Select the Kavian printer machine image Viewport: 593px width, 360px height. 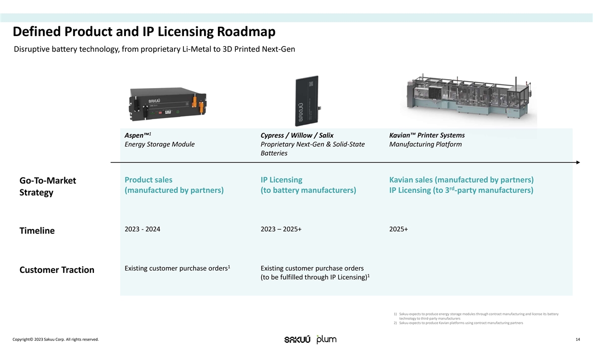(471, 99)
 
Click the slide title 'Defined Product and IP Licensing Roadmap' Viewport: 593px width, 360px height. (144, 32)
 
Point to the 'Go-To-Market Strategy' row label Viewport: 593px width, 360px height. (47, 186)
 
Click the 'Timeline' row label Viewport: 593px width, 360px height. (37, 231)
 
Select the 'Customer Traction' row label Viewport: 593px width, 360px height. (57, 270)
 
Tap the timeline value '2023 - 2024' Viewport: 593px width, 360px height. (142, 229)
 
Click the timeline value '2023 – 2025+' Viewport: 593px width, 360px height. (281, 229)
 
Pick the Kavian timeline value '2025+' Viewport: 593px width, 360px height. (398, 229)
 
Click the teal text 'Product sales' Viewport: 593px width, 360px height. (149, 180)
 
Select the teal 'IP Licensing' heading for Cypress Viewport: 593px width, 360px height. (281, 180)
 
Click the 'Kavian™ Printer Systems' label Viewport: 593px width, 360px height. (427, 135)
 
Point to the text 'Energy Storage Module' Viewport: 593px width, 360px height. (160, 144)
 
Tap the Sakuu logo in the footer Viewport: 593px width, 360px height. (297, 340)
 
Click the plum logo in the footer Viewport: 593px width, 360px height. (326, 339)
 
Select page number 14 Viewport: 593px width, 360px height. (577, 339)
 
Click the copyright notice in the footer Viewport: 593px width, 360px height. (56, 339)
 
